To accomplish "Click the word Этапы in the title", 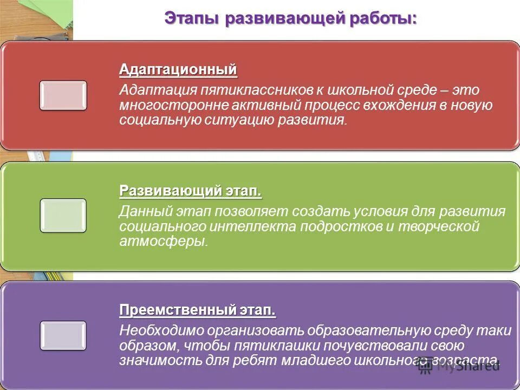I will click(x=191, y=18).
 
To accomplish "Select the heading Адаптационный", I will click(x=178, y=70).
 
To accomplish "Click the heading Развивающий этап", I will click(x=190, y=191).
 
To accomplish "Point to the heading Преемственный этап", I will click(x=197, y=311).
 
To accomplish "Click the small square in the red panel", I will click(x=63, y=95).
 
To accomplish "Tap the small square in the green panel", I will click(x=63, y=215).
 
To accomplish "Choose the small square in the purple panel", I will click(x=63, y=335).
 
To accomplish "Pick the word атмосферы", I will click(x=163, y=241).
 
